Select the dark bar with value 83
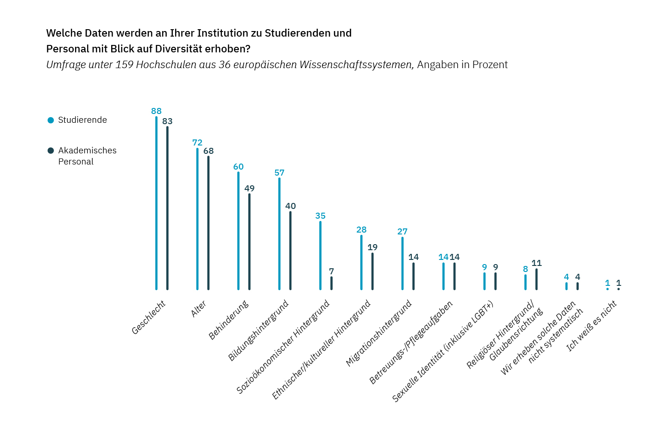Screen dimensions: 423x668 (x=167, y=208)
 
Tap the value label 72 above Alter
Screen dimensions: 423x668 (x=197, y=143)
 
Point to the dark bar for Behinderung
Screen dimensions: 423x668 (x=249, y=241)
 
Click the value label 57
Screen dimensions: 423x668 (x=279, y=173)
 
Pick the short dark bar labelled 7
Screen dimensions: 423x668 (x=331, y=283)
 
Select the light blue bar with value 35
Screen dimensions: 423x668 (x=320, y=255)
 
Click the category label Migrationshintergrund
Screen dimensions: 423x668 (x=379, y=333)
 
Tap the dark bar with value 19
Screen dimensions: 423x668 (x=372, y=271)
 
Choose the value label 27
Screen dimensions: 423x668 (x=403, y=232)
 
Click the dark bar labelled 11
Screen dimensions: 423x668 (x=536, y=279)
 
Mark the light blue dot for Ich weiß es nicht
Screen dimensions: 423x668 (x=607, y=289)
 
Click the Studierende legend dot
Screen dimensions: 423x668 (x=51, y=120)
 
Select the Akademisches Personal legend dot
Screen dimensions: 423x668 (x=51, y=151)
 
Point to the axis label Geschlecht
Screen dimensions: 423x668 (x=149, y=317)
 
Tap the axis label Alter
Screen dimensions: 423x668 (x=199, y=309)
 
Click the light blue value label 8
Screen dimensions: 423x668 (x=525, y=269)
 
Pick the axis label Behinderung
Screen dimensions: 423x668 (x=229, y=320)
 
